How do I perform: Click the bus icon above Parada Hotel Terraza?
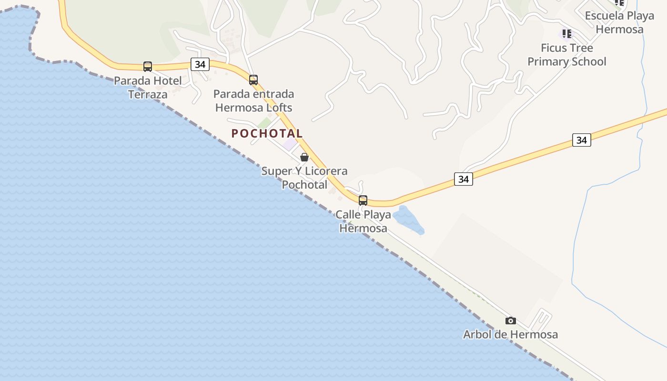[x=148, y=67]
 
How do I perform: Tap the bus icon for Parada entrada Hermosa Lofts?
[x=253, y=80]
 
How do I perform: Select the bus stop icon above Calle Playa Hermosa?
[x=363, y=201]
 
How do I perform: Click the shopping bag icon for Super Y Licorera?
[x=304, y=157]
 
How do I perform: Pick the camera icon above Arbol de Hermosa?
[x=511, y=321]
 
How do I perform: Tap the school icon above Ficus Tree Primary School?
[x=566, y=34]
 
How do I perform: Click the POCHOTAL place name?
[x=267, y=134]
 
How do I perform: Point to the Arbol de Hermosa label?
[x=510, y=335]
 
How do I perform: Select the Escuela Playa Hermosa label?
[x=619, y=22]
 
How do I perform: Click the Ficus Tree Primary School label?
[x=566, y=55]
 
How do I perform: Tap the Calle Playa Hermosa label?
[x=363, y=221]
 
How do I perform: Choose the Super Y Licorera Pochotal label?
[x=304, y=178]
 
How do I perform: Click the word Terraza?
[x=148, y=94]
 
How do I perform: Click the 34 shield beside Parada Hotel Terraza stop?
[x=200, y=64]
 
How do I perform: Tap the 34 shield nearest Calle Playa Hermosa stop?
[x=463, y=179]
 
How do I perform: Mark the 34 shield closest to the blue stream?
[x=581, y=140]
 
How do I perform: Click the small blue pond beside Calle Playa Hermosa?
[x=408, y=221]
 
